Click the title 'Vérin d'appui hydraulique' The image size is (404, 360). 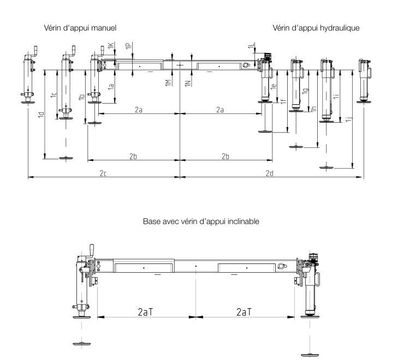point(316,27)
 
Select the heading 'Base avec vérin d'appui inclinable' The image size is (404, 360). point(201,221)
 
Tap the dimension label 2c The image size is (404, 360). point(103,173)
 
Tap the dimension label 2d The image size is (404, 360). point(269,173)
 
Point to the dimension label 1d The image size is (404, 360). point(41,116)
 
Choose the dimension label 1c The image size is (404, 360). point(53,95)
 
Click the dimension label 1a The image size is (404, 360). point(111,86)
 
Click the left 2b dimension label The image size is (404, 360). point(133,156)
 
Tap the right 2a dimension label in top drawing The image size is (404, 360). point(220,110)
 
